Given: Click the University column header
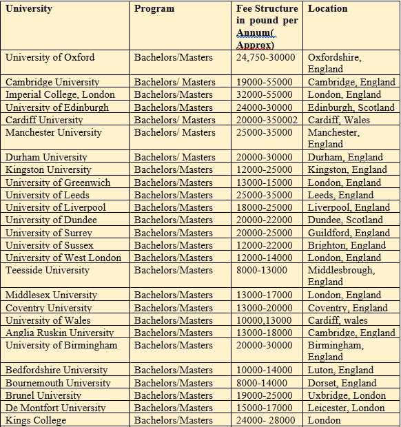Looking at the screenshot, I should coord(29,9).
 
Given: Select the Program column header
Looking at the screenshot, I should coord(154,9).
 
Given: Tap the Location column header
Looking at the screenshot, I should coord(327,9).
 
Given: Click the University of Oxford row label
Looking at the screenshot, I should coord(50,57).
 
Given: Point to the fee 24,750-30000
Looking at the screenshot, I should coord(265,57).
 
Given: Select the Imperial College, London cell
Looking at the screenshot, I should coord(60,95).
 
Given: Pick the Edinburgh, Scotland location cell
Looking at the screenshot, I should coord(351,107).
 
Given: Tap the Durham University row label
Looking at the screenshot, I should coord(46,158).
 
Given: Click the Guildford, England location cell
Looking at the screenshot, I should coord(349,233).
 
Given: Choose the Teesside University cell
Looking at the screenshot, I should coord(48,270).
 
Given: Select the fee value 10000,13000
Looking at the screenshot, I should coord(263,320).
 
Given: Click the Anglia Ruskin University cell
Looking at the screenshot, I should coord(56,333).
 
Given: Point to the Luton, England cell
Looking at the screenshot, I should coord(340,371).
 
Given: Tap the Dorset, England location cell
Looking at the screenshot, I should coord(342,383).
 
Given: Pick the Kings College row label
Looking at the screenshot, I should coord(36,420).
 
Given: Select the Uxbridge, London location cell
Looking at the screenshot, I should coord(347,395).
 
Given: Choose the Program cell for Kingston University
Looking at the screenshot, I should coord(174,170).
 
